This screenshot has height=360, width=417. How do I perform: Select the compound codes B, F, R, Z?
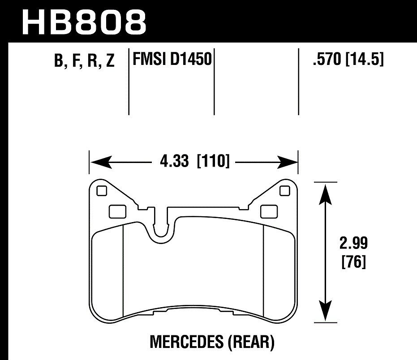coord(84,61)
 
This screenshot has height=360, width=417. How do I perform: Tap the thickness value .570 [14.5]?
coord(348,59)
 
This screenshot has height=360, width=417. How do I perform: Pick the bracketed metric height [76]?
coord(353,261)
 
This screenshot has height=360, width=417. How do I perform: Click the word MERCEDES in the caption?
coord(186,343)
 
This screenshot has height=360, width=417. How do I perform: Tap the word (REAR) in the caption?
coord(251,343)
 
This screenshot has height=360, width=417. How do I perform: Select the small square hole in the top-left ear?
coord(102,191)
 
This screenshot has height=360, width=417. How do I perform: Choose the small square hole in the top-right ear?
coord(284,191)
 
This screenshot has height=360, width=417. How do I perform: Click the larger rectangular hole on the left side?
coord(117,210)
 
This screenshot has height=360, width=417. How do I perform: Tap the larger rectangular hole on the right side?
coord(269,210)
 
